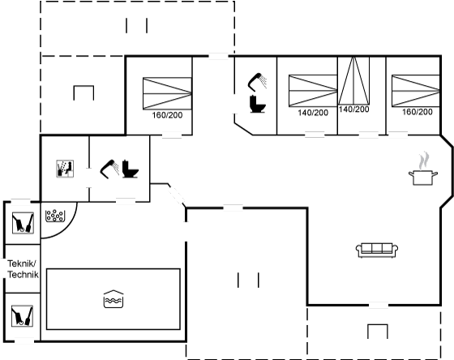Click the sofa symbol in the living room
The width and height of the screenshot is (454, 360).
tap(377, 251)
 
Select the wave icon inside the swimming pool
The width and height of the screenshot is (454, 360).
tap(113, 298)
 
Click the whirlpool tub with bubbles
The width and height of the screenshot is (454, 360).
tap(55, 216)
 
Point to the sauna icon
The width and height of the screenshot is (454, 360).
tap(65, 169)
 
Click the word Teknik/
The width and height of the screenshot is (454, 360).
tap(22, 264)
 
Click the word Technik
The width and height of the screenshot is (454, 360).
tap(23, 274)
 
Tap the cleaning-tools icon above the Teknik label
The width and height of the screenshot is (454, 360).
tap(23, 223)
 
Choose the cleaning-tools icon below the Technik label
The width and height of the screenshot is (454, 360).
tap(22, 316)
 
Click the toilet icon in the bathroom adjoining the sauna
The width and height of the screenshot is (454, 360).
tap(130, 169)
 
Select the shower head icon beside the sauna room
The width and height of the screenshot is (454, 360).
tap(109, 169)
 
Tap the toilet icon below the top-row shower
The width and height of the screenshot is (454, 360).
tap(258, 104)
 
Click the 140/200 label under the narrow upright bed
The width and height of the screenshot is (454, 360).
tap(353, 109)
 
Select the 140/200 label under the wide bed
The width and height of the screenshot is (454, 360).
tap(313, 113)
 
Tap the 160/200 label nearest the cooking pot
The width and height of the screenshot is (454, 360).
tap(418, 112)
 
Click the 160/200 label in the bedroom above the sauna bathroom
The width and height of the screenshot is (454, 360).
tap(167, 115)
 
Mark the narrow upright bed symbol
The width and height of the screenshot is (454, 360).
tap(353, 80)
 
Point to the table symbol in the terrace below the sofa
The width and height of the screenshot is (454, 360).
tap(378, 332)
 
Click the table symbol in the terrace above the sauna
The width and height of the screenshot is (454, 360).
tap(84, 92)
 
